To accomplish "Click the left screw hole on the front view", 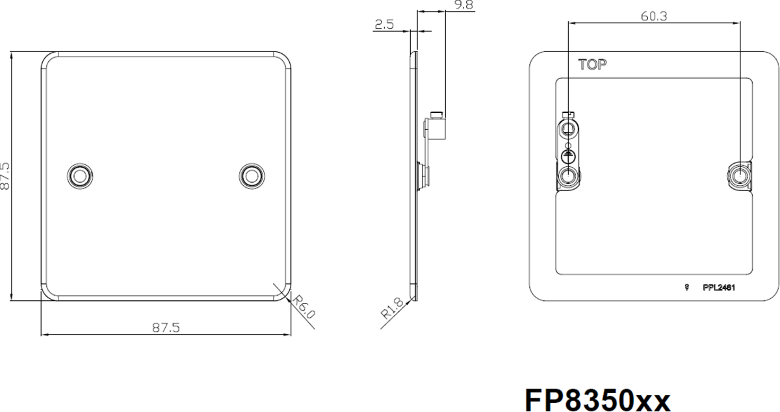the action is point(80,176).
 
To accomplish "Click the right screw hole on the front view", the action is point(252,176).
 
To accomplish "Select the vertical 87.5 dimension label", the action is point(5,176).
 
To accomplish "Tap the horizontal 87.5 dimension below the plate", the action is point(166,328).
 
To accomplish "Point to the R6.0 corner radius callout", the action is point(304,307).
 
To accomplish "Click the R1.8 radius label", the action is point(392,309).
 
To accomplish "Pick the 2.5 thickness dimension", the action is point(384,25).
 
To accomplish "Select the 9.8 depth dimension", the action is point(463,5).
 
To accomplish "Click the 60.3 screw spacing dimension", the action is point(654,16).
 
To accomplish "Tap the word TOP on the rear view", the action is point(592,65).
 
